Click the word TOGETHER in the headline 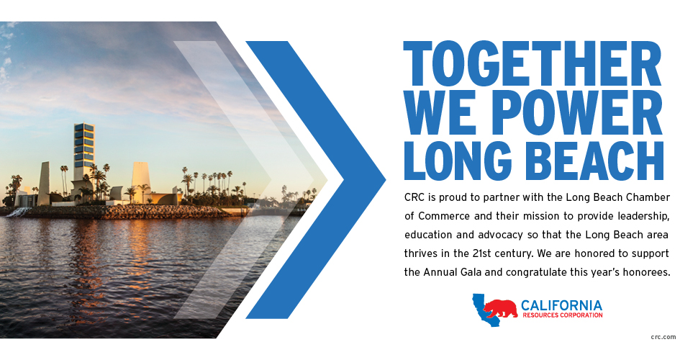click(x=532, y=63)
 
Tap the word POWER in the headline click(x=573, y=113)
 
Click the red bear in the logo click(x=500, y=308)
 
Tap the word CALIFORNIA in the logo click(x=561, y=306)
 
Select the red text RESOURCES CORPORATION click(x=562, y=315)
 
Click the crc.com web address click(x=663, y=337)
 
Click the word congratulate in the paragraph click(x=536, y=272)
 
